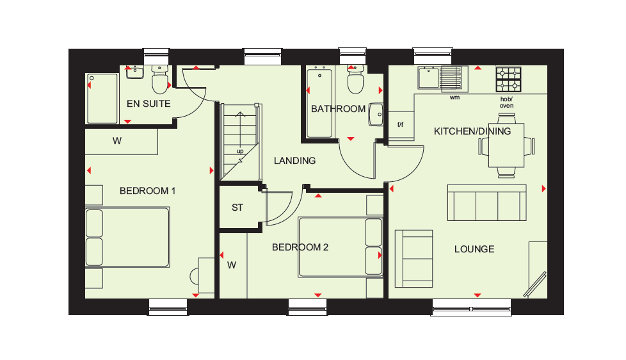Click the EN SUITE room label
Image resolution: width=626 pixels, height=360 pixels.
point(148,104)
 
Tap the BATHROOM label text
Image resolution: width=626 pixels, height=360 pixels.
point(338,109)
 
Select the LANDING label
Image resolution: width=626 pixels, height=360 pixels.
point(294,161)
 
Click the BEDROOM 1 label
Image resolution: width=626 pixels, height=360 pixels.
point(147,191)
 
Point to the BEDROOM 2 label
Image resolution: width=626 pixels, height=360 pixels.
point(300,247)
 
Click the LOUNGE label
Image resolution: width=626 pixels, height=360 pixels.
point(474,249)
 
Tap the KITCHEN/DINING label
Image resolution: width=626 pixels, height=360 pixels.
point(472,131)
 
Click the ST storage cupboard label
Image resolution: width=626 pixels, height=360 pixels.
point(237,208)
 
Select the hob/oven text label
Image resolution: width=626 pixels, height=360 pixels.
point(507,102)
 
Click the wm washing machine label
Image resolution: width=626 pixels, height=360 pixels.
point(454,97)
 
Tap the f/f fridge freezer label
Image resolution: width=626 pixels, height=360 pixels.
point(401,125)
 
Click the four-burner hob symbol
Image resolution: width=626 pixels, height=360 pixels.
point(509,79)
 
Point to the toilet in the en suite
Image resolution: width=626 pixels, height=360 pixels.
point(159,79)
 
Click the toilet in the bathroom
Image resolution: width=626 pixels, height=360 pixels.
point(355,79)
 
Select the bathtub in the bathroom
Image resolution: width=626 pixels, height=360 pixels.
point(319,104)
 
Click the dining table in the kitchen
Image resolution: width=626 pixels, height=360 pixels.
point(506,145)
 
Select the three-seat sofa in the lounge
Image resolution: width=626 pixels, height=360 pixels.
point(487,202)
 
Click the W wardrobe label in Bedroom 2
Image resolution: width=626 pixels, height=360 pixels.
point(232,265)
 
